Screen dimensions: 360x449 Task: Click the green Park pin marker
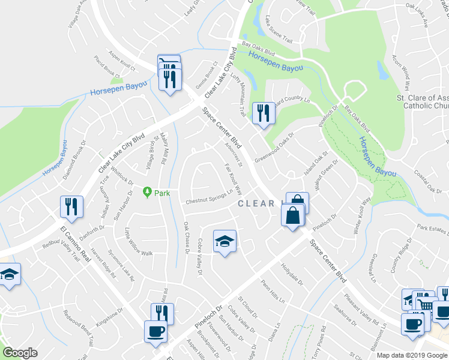pyautogui.click(x=147, y=193)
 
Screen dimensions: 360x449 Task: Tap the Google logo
pyautogui.click(x=20, y=353)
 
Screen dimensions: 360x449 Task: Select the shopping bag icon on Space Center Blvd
pyautogui.click(x=292, y=215)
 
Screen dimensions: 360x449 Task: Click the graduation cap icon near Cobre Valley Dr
pyautogui.click(x=225, y=241)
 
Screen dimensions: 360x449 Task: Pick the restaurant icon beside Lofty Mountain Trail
pyautogui.click(x=263, y=113)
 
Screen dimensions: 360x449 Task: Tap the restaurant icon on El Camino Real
pyautogui.click(x=71, y=206)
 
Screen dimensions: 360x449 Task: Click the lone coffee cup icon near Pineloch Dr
pyautogui.click(x=156, y=332)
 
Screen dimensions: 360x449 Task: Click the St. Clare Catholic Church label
pyautogui.click(x=422, y=102)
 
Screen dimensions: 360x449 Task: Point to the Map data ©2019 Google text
pyautogui.click(x=411, y=355)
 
